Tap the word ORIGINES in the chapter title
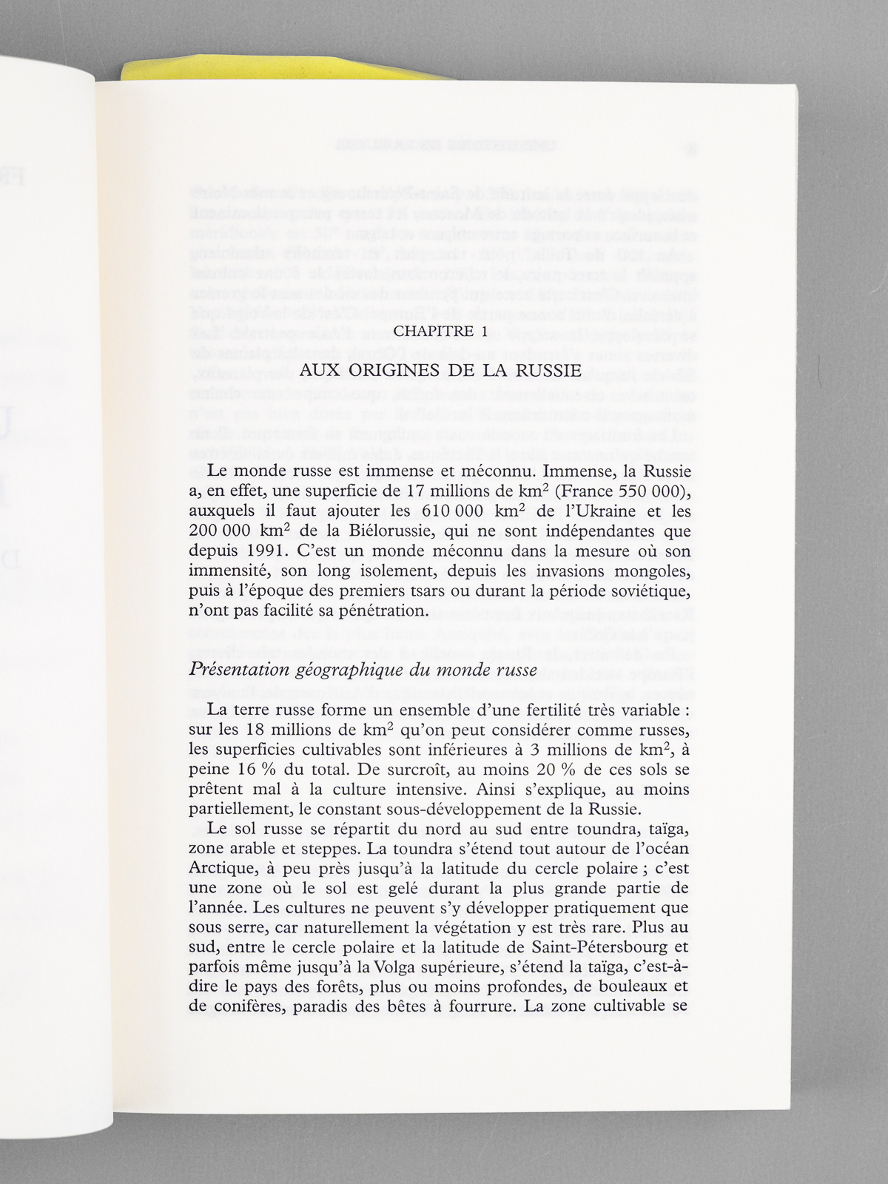click(x=409, y=369)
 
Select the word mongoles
click(x=650, y=571)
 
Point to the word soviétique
click(x=644, y=591)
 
